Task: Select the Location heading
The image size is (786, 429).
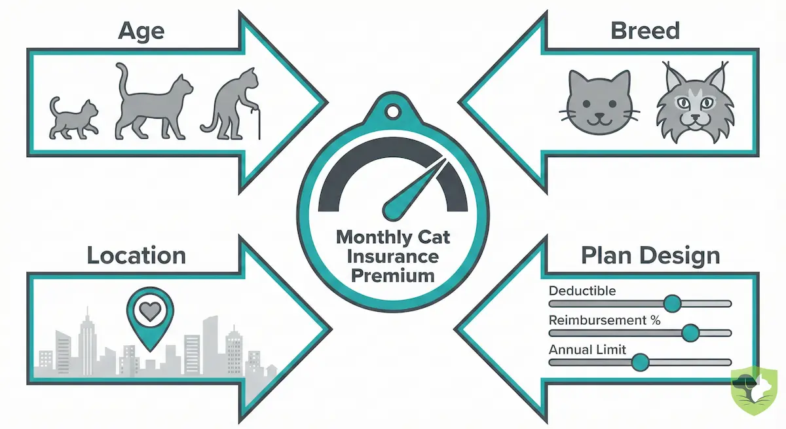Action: click(136, 255)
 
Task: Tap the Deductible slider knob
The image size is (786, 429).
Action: click(672, 303)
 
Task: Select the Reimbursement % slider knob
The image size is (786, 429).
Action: click(689, 333)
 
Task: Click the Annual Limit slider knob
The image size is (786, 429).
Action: click(640, 362)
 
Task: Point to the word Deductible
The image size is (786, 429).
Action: click(582, 290)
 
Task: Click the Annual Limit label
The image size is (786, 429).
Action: click(588, 350)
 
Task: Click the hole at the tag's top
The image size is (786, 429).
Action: click(393, 112)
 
